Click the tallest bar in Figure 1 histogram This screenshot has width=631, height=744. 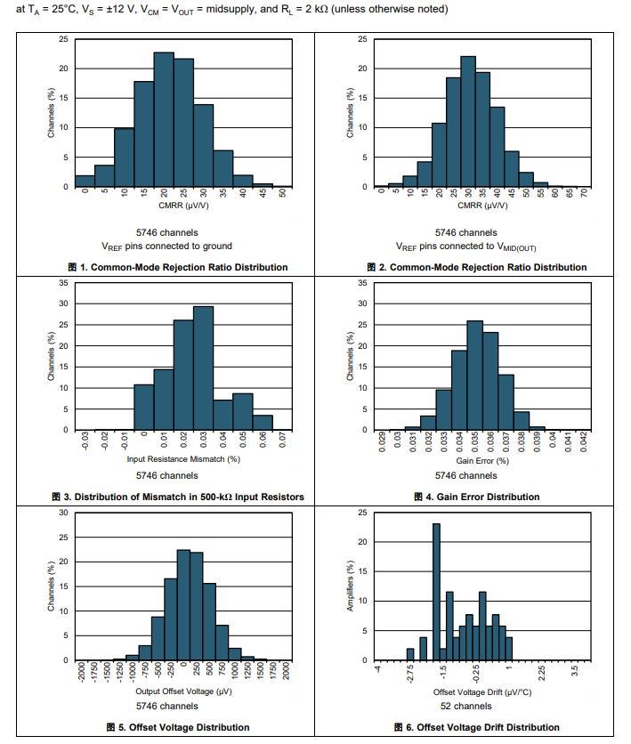pyautogui.click(x=164, y=120)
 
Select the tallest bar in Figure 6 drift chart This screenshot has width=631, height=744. pyautogui.click(x=436, y=592)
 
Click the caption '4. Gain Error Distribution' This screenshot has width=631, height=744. pyautogui.click(x=480, y=497)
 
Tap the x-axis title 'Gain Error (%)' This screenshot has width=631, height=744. pyautogui.click(x=481, y=460)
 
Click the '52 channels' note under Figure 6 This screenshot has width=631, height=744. pyautogui.click(x=481, y=706)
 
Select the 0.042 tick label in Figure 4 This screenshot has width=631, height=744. pyautogui.click(x=585, y=441)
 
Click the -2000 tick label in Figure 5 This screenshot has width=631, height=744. pyautogui.click(x=81, y=672)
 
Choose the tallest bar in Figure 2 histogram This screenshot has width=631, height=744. pyautogui.click(x=468, y=122)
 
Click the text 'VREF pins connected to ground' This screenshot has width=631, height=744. pyautogui.click(x=179, y=246)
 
